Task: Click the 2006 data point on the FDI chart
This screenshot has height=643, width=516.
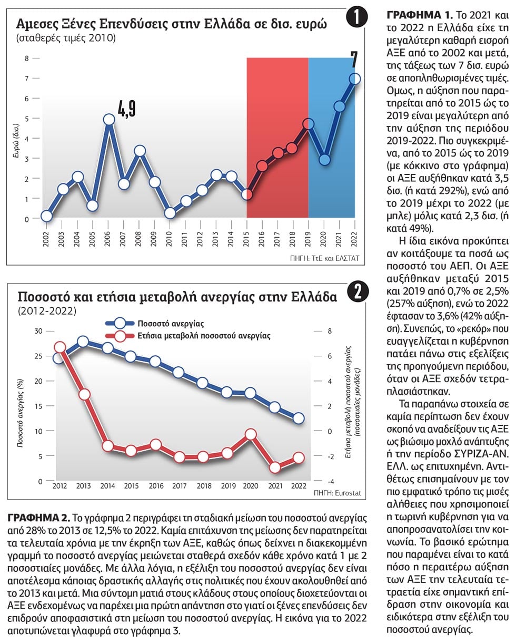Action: tap(109, 120)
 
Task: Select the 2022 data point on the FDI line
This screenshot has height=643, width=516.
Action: tap(354, 79)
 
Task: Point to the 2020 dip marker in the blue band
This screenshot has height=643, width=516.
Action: tap(324, 160)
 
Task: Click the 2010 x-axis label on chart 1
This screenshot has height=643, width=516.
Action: tap(170, 239)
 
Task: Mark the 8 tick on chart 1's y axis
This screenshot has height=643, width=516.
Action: tap(27, 59)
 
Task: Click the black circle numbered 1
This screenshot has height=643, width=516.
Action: tap(356, 17)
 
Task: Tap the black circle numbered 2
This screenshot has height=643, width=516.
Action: tap(358, 292)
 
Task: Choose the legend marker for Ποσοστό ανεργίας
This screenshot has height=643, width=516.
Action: tap(120, 323)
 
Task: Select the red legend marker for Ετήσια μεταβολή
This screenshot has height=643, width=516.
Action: tap(120, 336)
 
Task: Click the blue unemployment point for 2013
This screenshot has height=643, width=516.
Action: tap(83, 342)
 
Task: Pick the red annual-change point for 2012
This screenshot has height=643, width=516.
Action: tap(59, 347)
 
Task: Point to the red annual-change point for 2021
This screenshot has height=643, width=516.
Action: tap(275, 467)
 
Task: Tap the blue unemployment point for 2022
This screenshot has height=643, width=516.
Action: tap(299, 418)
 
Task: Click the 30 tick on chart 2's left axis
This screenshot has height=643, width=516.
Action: tap(38, 331)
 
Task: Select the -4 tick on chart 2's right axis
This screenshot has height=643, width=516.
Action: tap(331, 482)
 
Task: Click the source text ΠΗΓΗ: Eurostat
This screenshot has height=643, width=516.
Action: tap(337, 493)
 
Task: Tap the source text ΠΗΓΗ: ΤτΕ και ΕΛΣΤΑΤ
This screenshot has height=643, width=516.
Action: tap(324, 258)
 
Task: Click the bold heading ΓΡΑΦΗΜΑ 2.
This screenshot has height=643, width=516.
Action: tap(39, 517)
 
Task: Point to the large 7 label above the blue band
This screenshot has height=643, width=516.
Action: tap(354, 60)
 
